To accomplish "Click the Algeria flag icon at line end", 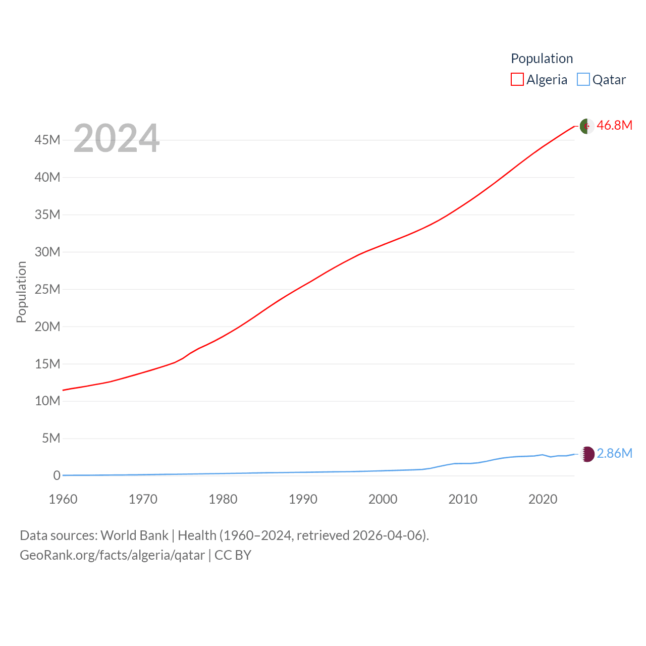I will (x=587, y=126).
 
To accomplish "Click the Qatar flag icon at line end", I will (x=587, y=454).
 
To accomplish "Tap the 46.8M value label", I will (x=614, y=126).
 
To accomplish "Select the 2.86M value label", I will (x=614, y=454).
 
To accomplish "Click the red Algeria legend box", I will (x=517, y=80).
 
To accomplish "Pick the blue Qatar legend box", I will (x=583, y=80).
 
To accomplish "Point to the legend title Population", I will (x=542, y=59).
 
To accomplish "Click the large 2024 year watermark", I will (x=117, y=138).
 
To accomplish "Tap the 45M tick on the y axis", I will (x=47, y=140).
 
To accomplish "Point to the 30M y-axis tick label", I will (x=47, y=252).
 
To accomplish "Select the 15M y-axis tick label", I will (x=47, y=364).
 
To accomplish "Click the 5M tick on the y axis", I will (x=51, y=438).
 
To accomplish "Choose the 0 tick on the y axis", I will (x=57, y=475).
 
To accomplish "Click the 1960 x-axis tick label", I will (x=63, y=499).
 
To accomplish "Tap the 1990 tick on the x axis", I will (x=303, y=499).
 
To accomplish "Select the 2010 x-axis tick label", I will (x=463, y=499).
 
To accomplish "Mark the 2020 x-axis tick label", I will (x=543, y=499).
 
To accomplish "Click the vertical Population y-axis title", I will (x=21, y=292).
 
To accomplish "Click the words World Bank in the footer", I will (x=134, y=535).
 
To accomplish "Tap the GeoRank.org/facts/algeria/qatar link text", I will (x=112, y=555).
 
